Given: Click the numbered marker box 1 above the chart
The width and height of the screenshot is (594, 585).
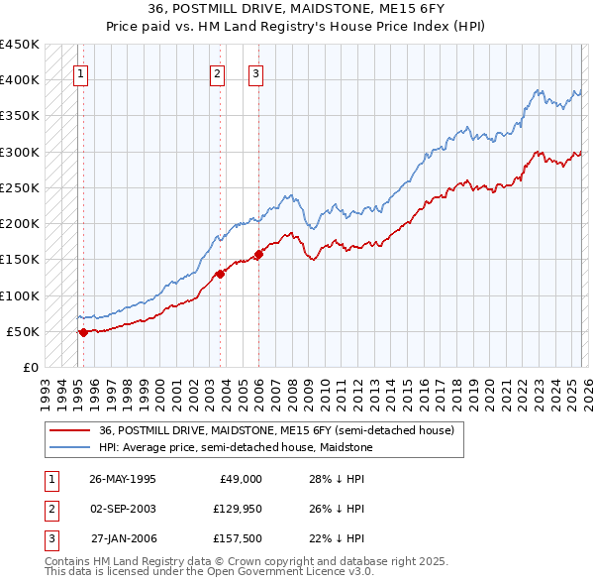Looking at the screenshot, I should tap(80, 72).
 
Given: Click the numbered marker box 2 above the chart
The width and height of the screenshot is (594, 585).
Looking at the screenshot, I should tap(217, 72).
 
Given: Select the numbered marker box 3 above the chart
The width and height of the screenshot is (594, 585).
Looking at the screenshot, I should tap(255, 72).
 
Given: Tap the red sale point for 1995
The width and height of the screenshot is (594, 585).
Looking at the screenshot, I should tap(83, 332).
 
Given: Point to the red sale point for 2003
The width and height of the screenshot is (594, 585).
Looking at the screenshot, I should tap(220, 275).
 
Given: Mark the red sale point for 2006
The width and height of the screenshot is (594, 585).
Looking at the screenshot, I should tap(258, 254).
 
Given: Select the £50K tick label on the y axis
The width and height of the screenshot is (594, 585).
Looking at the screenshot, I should tap(23, 331).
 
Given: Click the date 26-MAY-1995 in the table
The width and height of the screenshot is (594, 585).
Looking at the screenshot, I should tap(122, 479).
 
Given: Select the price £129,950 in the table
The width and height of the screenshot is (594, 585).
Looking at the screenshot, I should tap(237, 509).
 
